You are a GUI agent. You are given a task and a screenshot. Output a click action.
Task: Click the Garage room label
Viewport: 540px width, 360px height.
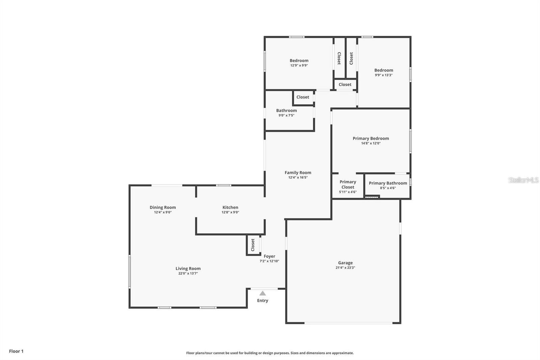(345, 263)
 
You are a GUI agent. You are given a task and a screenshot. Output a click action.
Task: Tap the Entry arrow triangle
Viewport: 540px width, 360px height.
(263, 293)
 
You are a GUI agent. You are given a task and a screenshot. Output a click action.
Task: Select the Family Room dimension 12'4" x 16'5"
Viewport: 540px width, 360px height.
(298, 177)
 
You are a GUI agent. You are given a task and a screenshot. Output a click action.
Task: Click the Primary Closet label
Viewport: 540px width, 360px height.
(348, 184)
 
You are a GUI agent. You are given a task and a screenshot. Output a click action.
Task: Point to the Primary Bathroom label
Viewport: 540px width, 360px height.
(388, 183)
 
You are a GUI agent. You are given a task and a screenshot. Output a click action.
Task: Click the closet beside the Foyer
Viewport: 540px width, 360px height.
(253, 245)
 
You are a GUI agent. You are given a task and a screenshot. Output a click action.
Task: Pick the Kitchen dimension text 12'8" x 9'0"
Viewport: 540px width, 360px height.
(230, 212)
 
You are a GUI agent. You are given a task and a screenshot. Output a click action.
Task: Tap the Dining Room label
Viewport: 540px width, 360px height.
(163, 207)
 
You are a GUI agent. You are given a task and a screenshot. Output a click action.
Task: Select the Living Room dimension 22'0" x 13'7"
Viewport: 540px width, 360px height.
(188, 273)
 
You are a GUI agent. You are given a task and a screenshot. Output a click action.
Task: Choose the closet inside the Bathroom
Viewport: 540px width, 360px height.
(303, 97)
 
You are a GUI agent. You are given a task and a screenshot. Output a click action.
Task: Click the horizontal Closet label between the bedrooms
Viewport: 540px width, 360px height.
(345, 84)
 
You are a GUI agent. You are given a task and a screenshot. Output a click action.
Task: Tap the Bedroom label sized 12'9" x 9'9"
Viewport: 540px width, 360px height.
(299, 61)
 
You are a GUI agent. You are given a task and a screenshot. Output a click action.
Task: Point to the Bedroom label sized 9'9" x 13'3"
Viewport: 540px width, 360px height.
(383, 70)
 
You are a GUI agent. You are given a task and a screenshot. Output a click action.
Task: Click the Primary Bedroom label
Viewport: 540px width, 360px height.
(371, 138)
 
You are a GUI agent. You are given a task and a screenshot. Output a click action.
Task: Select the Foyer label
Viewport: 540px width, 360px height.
(269, 256)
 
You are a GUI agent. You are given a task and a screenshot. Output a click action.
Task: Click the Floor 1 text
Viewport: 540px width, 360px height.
(16, 351)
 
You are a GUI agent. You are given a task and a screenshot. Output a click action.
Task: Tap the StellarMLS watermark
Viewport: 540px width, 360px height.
(523, 180)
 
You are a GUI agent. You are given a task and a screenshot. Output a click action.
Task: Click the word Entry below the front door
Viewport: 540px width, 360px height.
(263, 301)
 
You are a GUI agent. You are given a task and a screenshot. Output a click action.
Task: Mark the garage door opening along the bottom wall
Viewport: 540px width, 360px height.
(348, 323)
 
